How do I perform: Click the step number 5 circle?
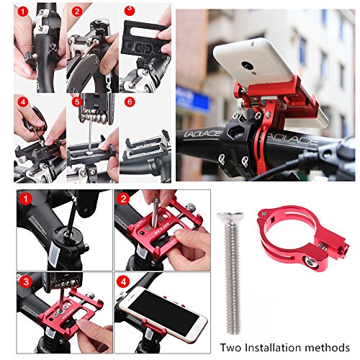[x=75, y=103]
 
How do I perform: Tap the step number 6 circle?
[x=129, y=103]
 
